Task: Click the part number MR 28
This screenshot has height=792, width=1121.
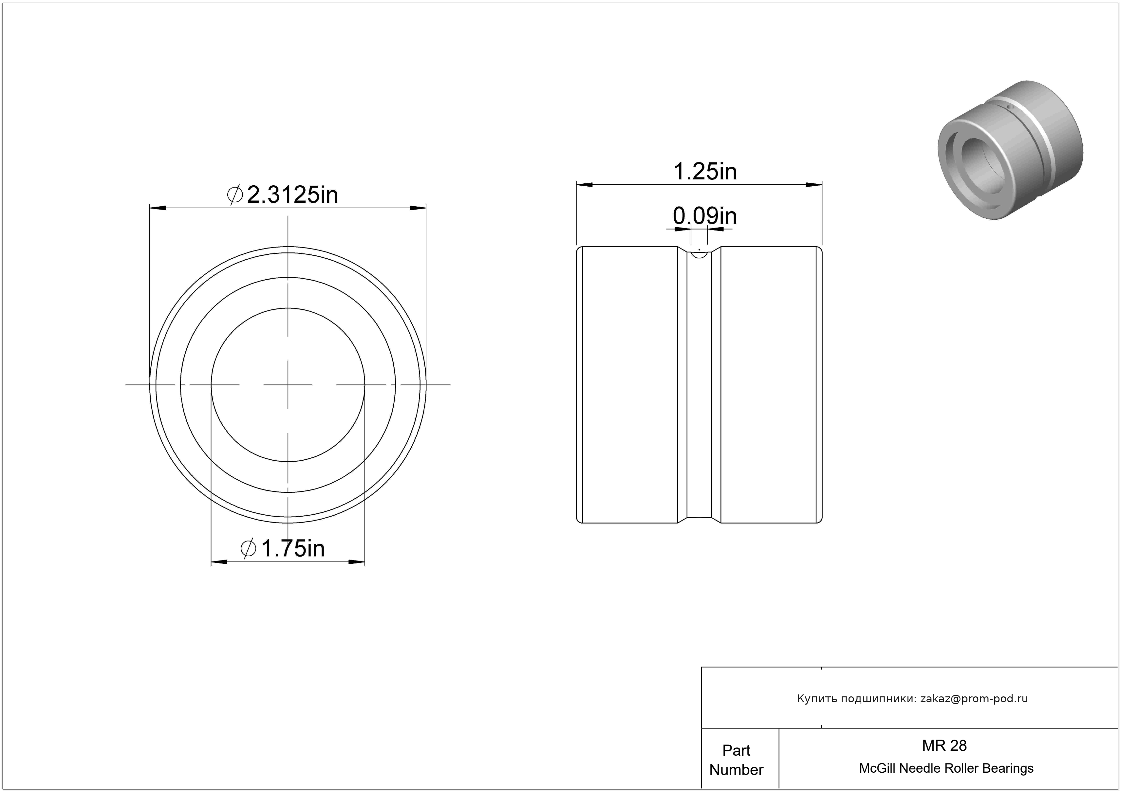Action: [944, 745]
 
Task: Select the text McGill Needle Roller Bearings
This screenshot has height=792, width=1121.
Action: [946, 768]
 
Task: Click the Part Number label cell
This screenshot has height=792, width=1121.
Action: [736, 760]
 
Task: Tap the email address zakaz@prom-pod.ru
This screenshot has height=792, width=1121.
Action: [974, 698]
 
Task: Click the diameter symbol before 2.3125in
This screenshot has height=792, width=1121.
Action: [235, 195]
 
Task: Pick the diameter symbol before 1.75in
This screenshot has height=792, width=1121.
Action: [249, 548]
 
